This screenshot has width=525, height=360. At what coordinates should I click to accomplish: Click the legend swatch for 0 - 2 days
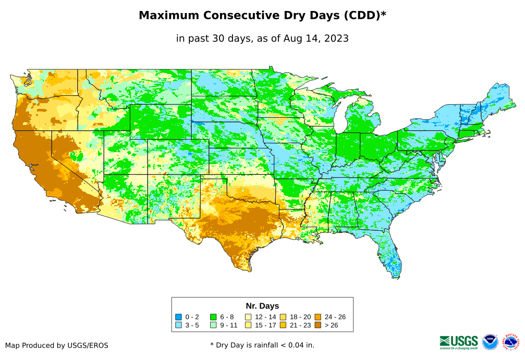click(178, 317)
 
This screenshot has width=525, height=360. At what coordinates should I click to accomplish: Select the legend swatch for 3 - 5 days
click(178, 325)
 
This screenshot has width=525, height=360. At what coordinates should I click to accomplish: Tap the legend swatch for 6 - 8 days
click(213, 317)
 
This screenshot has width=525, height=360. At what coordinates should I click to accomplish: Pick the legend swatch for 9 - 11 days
click(213, 325)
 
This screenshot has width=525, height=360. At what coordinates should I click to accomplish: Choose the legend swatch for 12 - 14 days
click(248, 317)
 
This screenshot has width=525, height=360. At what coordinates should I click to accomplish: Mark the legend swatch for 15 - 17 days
click(248, 325)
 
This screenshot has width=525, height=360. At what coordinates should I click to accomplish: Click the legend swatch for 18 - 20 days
click(283, 317)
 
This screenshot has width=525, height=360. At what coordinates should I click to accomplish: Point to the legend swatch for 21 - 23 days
click(283, 325)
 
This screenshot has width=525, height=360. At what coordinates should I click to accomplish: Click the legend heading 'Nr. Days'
click(262, 306)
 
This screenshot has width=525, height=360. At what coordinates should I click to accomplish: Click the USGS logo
click(459, 342)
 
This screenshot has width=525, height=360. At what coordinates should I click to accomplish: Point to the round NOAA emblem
click(490, 342)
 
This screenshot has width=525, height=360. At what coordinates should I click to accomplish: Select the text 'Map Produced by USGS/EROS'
click(57, 345)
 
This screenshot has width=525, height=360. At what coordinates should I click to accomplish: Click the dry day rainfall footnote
click(262, 345)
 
